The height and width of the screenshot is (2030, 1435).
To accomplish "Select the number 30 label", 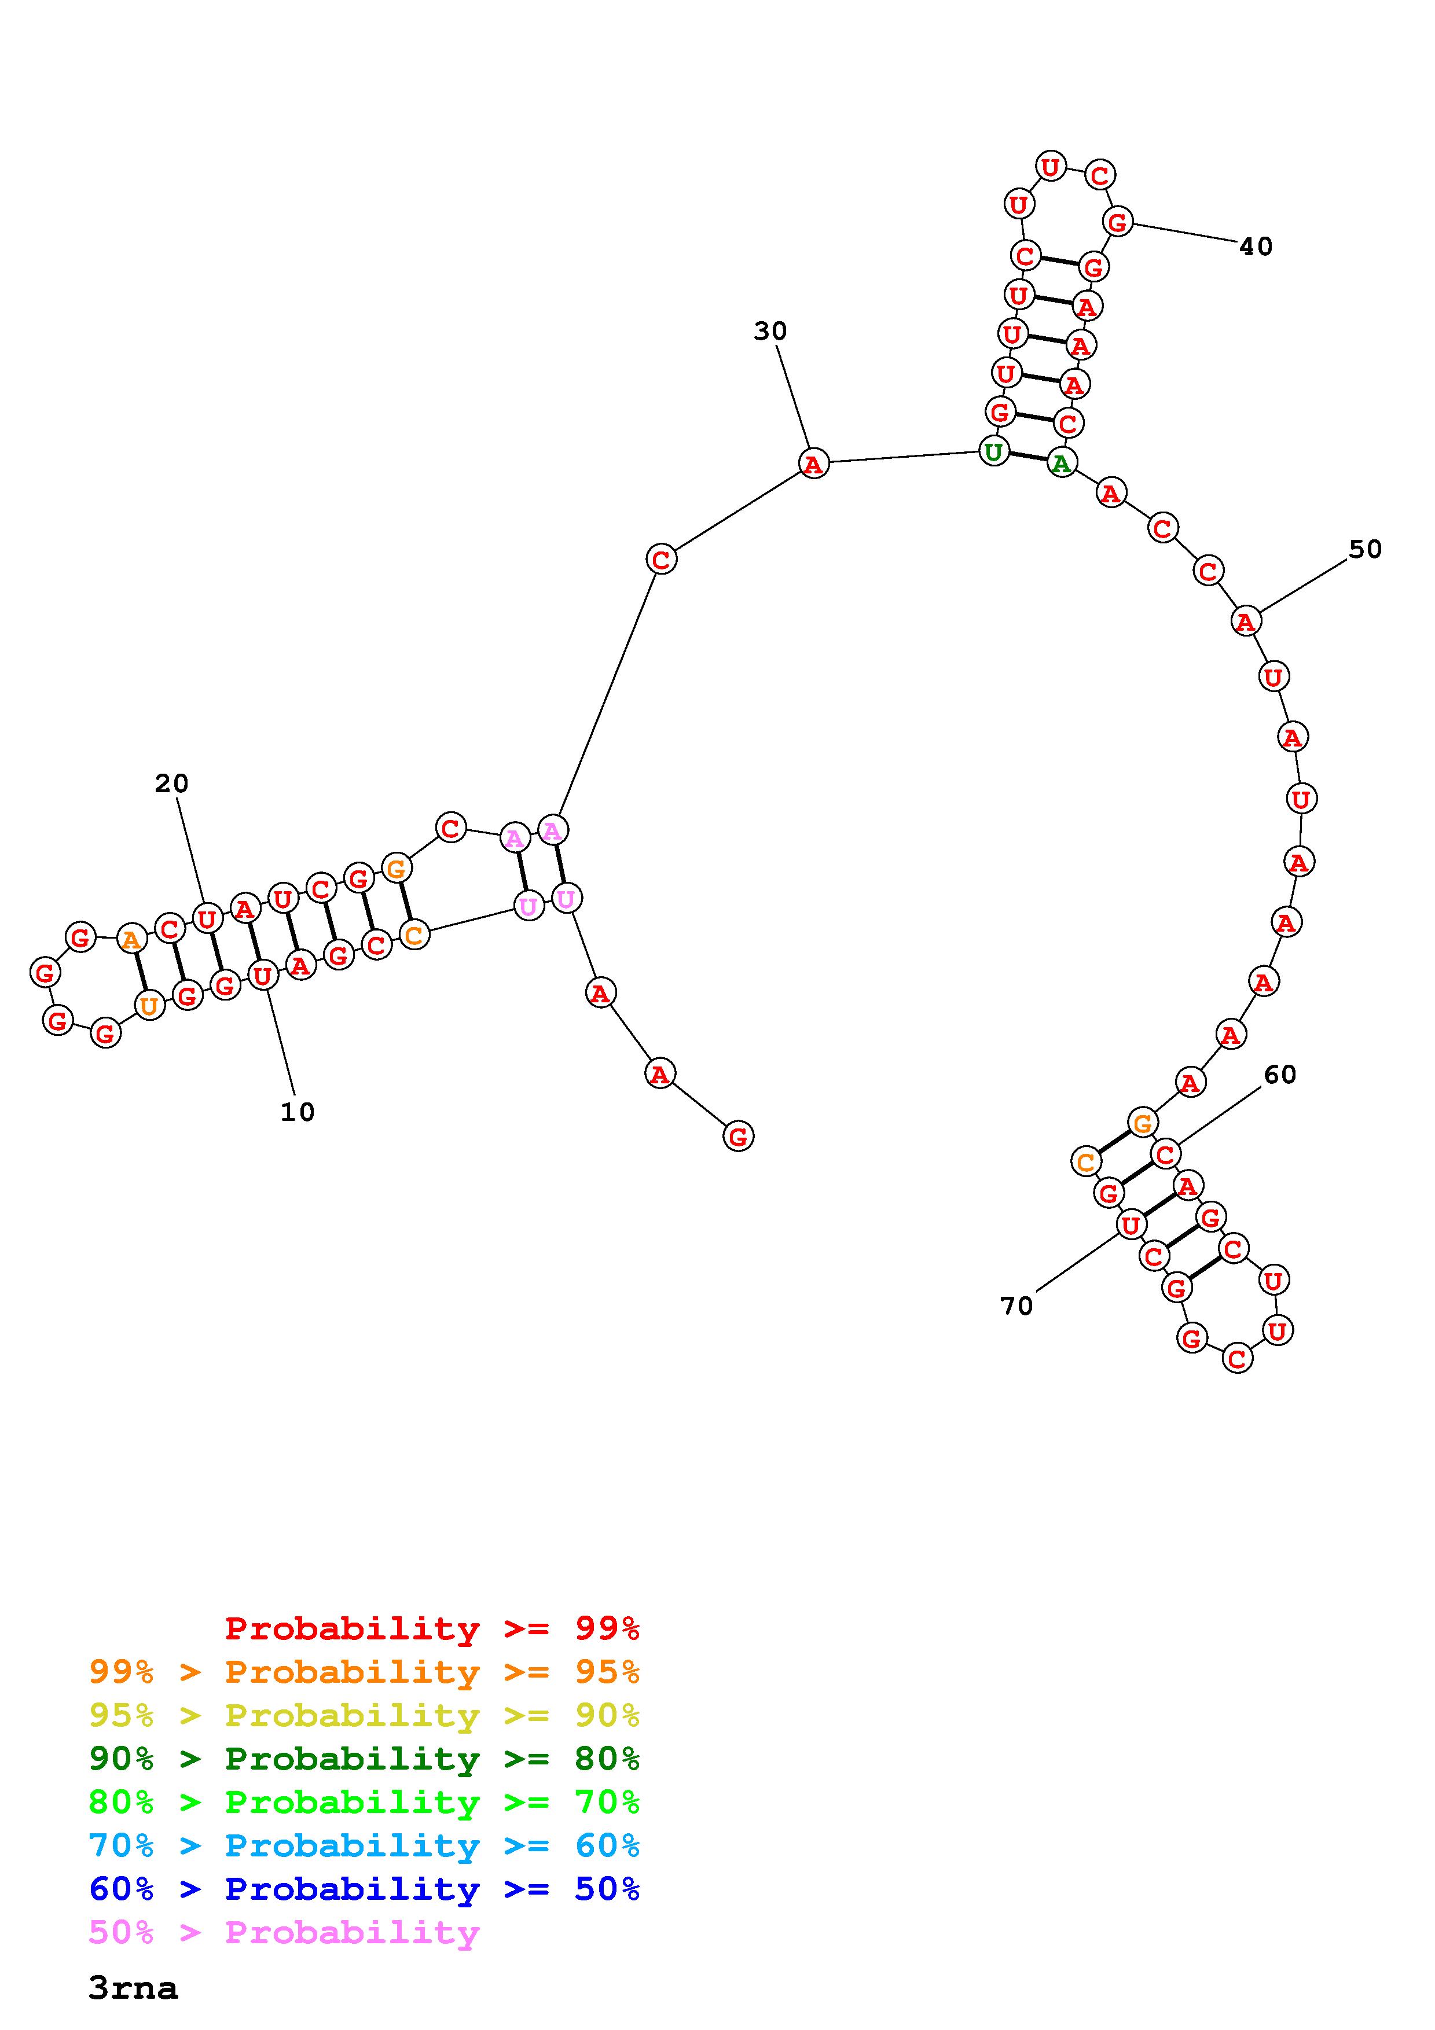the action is point(770,330).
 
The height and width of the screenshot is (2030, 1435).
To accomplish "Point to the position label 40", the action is point(1256,247).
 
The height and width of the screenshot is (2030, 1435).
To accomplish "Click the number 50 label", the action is point(1365,549).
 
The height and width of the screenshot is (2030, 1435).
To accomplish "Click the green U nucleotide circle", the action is point(994,452).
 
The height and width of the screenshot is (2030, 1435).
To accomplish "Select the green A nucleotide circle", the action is point(1061,462).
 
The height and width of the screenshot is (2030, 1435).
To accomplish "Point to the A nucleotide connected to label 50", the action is point(1245,621).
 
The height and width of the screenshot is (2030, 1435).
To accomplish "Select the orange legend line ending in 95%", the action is point(364,1672).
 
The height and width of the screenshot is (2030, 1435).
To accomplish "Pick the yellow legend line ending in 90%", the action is point(364,1715).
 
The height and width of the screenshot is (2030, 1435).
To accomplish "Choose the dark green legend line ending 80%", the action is point(364,1759).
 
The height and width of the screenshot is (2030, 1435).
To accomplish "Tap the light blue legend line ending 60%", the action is point(364,1845).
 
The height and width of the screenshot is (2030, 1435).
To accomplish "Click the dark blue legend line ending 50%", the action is point(364,1889).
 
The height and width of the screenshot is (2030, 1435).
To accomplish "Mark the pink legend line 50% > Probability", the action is point(284,1932).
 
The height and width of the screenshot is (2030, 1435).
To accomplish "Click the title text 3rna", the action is point(133,1988).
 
